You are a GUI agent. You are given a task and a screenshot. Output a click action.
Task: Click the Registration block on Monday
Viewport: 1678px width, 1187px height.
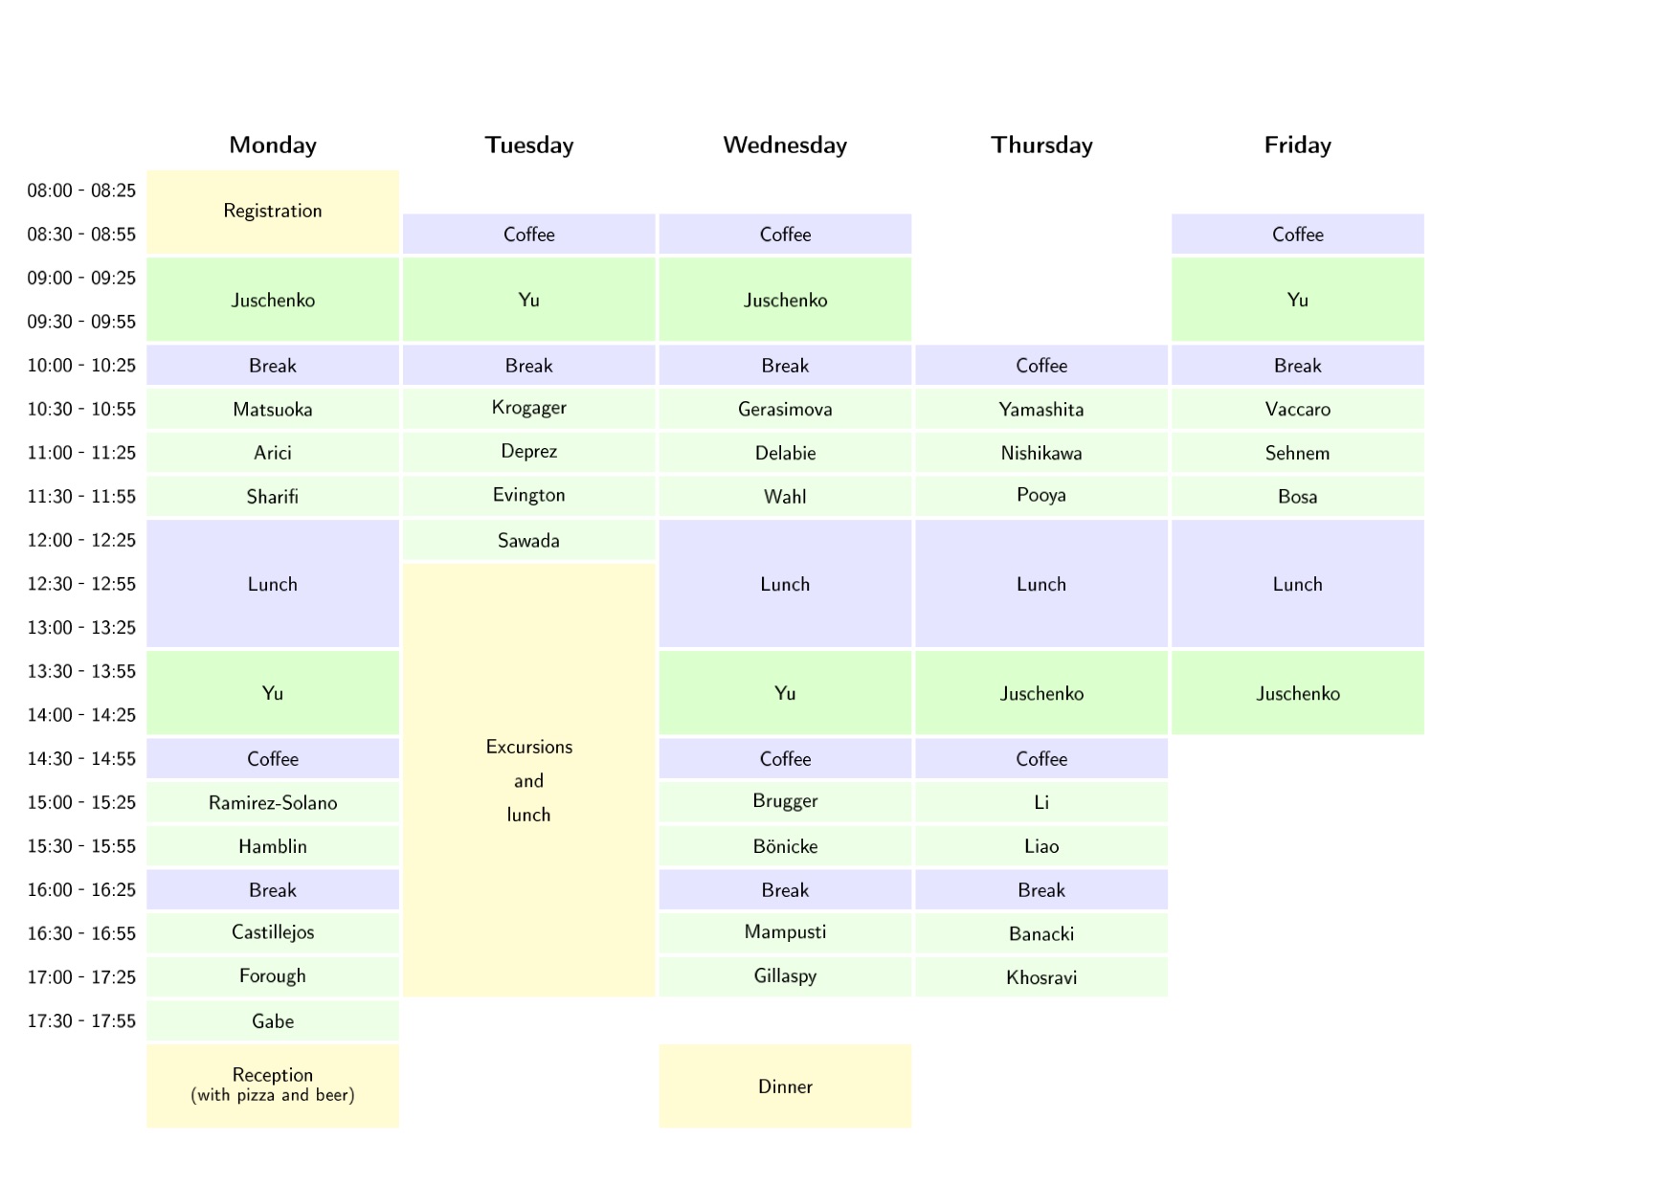click(273, 212)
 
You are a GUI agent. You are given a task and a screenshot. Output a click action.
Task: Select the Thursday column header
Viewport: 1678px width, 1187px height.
click(1041, 146)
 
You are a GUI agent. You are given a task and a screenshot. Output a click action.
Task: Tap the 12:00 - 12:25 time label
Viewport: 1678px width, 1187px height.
click(81, 541)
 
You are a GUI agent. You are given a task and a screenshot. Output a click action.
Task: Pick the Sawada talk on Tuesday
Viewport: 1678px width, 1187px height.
click(528, 541)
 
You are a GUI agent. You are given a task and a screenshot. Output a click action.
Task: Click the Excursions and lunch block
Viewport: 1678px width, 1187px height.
click(528, 780)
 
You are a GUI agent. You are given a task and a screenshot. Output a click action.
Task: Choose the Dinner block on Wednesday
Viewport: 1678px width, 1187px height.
click(785, 1086)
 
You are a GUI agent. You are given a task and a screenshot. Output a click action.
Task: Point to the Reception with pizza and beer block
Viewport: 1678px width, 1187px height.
click(273, 1086)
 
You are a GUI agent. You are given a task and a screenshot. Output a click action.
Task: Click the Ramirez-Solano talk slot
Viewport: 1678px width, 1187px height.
click(273, 803)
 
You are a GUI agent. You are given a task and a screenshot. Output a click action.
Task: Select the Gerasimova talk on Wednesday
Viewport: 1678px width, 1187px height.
click(785, 410)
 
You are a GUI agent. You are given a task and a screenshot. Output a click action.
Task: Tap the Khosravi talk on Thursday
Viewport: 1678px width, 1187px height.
click(1041, 977)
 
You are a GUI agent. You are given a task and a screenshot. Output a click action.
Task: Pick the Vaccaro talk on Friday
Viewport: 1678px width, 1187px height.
click(1297, 410)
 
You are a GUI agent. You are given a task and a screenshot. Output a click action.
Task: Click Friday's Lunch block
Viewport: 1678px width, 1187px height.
click(1297, 584)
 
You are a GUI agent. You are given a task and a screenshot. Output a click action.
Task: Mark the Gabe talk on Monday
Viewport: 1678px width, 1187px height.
click(273, 1021)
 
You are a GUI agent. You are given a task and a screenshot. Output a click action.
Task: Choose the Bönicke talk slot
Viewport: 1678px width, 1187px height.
click(785, 846)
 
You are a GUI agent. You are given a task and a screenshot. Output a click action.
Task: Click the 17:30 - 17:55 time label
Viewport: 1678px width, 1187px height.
click(81, 1021)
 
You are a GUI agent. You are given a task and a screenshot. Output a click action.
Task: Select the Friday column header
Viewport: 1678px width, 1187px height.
click(1297, 146)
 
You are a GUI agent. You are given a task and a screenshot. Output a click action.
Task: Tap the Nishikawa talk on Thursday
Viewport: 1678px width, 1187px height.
click(1041, 453)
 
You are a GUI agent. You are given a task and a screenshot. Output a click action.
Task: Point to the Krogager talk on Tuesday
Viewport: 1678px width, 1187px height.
click(528, 409)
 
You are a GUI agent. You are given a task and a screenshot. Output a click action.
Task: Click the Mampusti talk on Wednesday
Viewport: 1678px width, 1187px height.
click(785, 933)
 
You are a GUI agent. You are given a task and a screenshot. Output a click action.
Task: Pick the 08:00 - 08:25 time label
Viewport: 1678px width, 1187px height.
click(81, 191)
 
